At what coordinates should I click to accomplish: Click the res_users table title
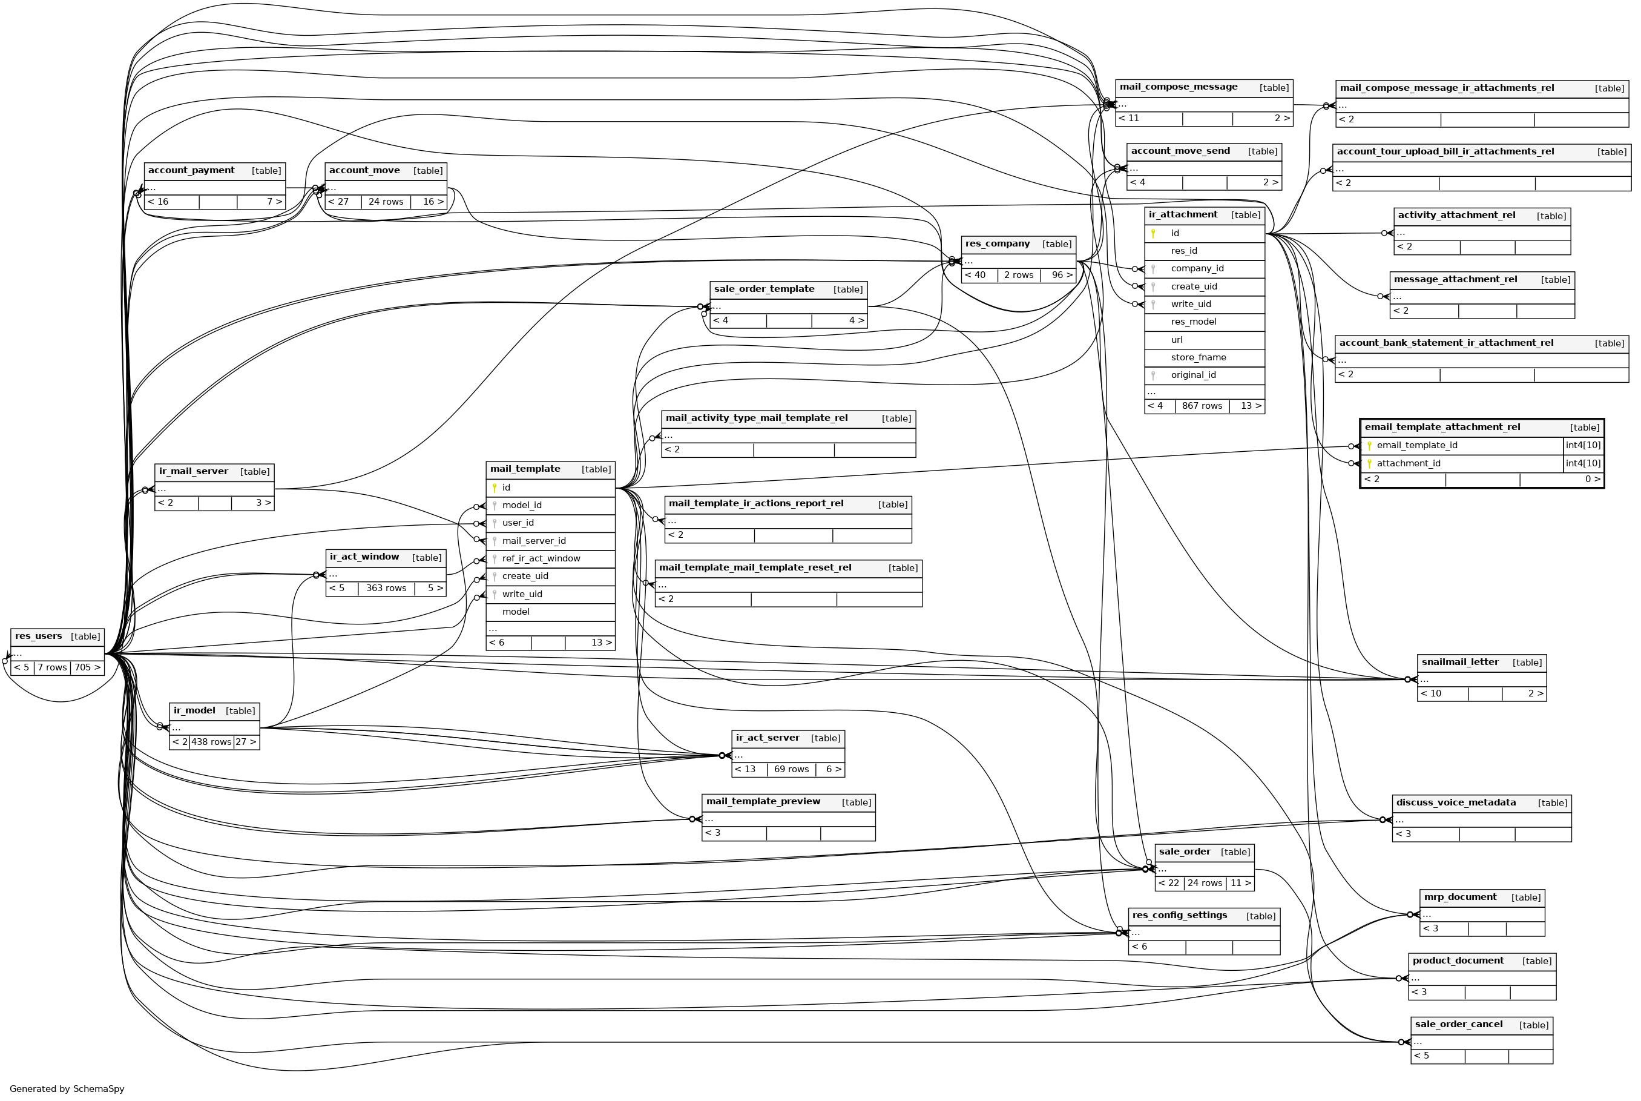coord(39,636)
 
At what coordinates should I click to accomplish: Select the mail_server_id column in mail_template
coord(533,541)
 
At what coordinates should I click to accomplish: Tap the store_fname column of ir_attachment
coord(1198,357)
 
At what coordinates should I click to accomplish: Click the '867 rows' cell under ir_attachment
coord(1202,406)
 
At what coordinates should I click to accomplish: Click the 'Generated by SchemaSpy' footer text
coord(67,1089)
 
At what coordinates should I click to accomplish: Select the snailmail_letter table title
coord(1459,662)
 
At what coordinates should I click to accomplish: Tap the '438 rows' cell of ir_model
coord(211,742)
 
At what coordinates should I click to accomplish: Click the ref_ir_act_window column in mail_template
coord(541,558)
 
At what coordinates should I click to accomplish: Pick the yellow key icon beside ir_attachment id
coord(1153,233)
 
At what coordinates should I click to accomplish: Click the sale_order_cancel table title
coord(1459,1025)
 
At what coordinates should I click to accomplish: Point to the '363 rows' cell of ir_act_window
coord(386,589)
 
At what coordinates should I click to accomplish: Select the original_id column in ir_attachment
coord(1192,375)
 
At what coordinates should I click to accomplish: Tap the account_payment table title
coord(191,171)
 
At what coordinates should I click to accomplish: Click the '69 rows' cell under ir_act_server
coord(791,770)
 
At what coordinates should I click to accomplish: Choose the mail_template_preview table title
coord(762,802)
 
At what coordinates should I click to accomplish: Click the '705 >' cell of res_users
coord(87,668)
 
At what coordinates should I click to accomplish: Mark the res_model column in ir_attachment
coord(1193,322)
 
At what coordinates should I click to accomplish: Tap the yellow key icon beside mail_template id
coord(494,488)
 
